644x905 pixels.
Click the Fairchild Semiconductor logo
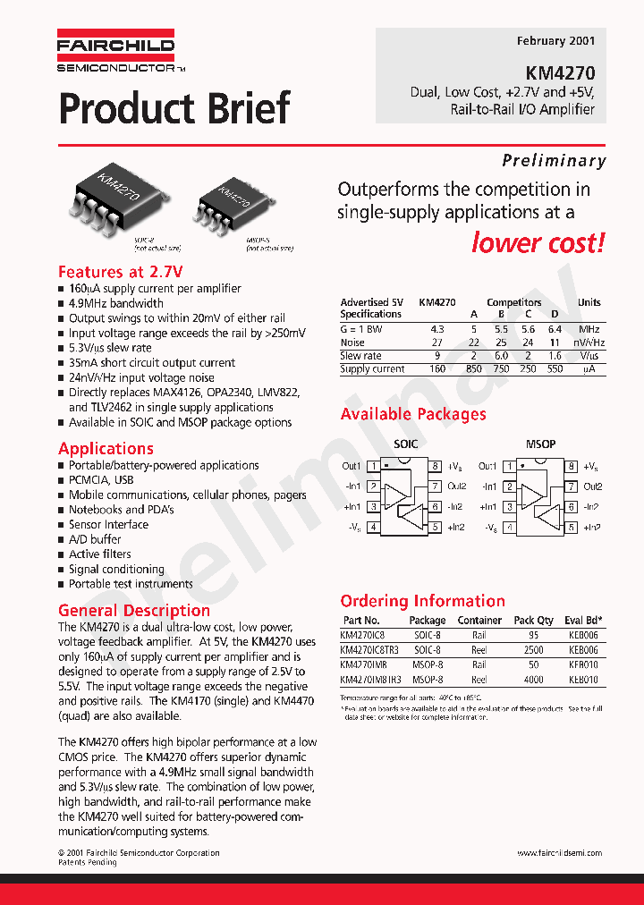(116, 52)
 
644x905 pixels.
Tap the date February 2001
(555, 41)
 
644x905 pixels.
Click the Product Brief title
(174, 108)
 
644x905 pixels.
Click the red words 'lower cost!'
(538, 242)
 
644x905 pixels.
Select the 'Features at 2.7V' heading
(120, 272)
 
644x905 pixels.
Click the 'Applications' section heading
(106, 449)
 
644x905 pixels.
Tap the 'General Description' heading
(133, 611)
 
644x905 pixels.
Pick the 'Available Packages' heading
(413, 414)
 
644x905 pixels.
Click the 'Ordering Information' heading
(422, 601)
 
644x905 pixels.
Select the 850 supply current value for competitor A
(474, 369)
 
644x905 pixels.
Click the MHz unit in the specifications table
(589, 329)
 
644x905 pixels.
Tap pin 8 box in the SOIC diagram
(436, 466)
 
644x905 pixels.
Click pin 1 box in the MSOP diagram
(509, 466)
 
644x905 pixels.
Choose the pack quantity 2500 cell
(534, 650)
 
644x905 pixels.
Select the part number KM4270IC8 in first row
(362, 635)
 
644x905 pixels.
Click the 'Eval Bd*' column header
(583, 620)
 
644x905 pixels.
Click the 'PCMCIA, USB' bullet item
(101, 480)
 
